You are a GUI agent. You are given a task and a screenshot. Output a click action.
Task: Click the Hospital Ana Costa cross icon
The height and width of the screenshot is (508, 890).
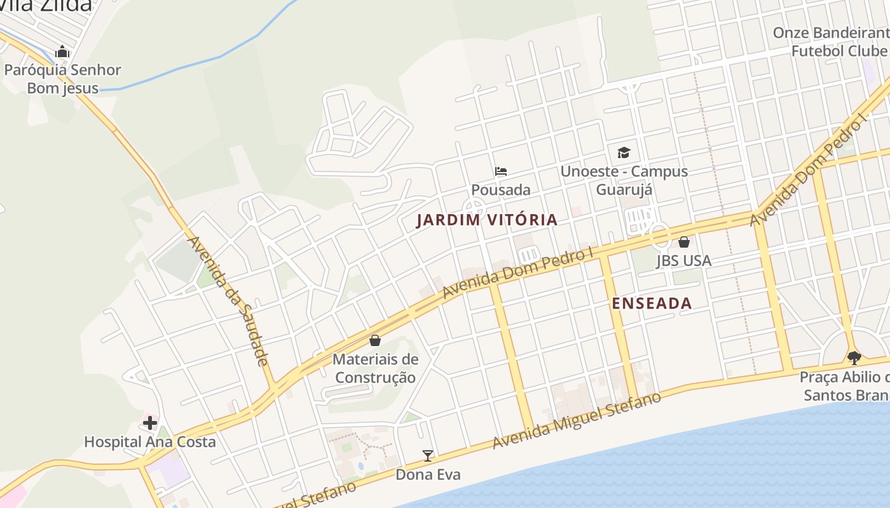coord(150,423)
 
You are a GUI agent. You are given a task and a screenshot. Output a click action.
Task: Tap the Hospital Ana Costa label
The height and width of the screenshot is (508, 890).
coord(150,441)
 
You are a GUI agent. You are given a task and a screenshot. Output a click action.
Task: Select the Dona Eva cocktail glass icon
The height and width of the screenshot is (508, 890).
coord(428,456)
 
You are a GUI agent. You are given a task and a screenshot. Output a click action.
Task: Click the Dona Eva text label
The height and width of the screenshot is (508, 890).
coord(428,474)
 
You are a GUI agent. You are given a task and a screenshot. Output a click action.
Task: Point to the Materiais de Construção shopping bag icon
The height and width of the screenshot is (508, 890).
coord(375,341)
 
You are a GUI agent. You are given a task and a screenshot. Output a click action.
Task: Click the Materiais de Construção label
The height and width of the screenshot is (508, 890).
coord(376,368)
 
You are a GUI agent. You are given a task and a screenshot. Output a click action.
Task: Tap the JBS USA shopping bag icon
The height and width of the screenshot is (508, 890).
coord(684,242)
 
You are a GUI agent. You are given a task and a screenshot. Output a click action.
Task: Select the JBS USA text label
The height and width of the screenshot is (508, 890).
coord(684,260)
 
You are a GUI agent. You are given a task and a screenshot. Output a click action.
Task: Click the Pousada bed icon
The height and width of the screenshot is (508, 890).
coord(501,171)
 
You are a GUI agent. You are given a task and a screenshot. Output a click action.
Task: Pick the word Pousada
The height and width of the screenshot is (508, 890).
coord(501,190)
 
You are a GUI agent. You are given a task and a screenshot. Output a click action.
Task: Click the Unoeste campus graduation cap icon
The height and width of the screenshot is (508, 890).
coord(624,153)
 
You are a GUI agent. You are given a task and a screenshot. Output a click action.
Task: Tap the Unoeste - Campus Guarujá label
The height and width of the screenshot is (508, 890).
coord(624,180)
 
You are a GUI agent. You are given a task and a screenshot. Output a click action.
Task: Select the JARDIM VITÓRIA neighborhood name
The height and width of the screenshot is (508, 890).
coord(487,220)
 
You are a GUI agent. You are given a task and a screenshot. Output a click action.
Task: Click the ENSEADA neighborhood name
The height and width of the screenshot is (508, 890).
coord(652,304)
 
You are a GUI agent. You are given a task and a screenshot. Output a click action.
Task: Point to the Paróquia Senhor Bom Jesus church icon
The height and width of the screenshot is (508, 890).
coord(62,51)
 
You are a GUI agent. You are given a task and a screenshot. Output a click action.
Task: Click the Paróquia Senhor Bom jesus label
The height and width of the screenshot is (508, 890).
coord(62,79)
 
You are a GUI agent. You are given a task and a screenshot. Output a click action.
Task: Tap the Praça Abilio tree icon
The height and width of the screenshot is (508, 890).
coord(854,358)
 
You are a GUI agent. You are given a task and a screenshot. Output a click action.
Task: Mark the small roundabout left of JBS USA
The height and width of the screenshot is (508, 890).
coord(661,235)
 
